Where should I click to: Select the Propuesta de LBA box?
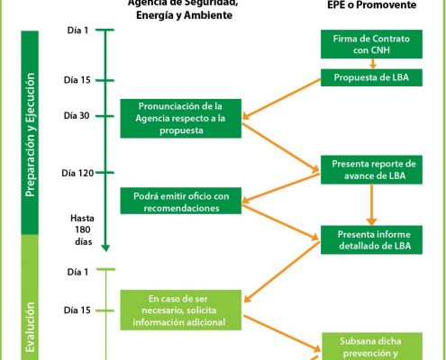(x=369, y=76)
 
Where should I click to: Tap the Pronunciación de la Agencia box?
(x=180, y=118)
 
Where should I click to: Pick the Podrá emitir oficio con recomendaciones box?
(x=180, y=202)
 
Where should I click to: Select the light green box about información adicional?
(x=180, y=309)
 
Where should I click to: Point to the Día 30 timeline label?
(x=79, y=115)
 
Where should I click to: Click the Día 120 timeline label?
(x=79, y=171)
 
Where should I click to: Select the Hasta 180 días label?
(x=82, y=229)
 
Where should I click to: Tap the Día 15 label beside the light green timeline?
(x=77, y=310)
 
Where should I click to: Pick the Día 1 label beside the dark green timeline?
(x=78, y=31)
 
